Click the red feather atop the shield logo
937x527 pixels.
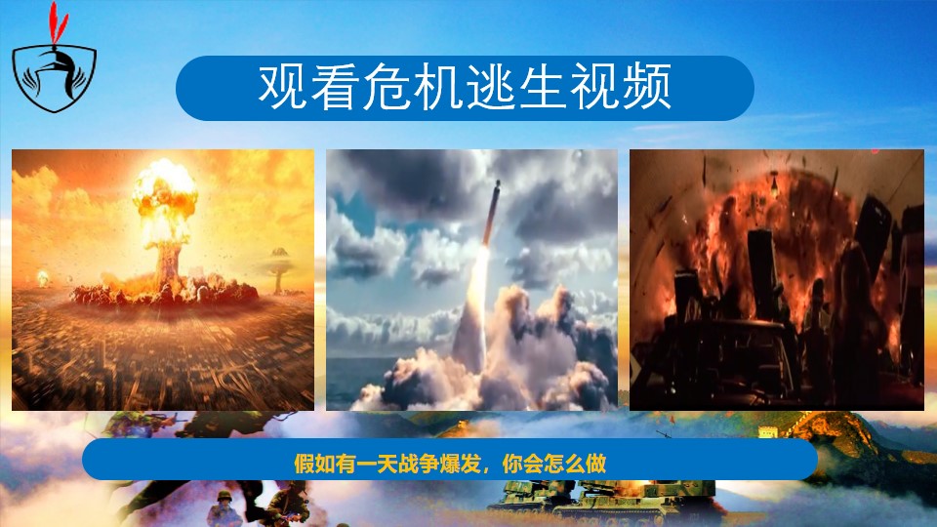[x=58, y=23]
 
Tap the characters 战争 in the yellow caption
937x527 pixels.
[x=418, y=464]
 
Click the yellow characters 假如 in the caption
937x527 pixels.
[x=313, y=464]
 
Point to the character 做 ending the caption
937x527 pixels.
[x=595, y=464]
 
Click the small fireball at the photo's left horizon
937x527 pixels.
[x=42, y=278]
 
